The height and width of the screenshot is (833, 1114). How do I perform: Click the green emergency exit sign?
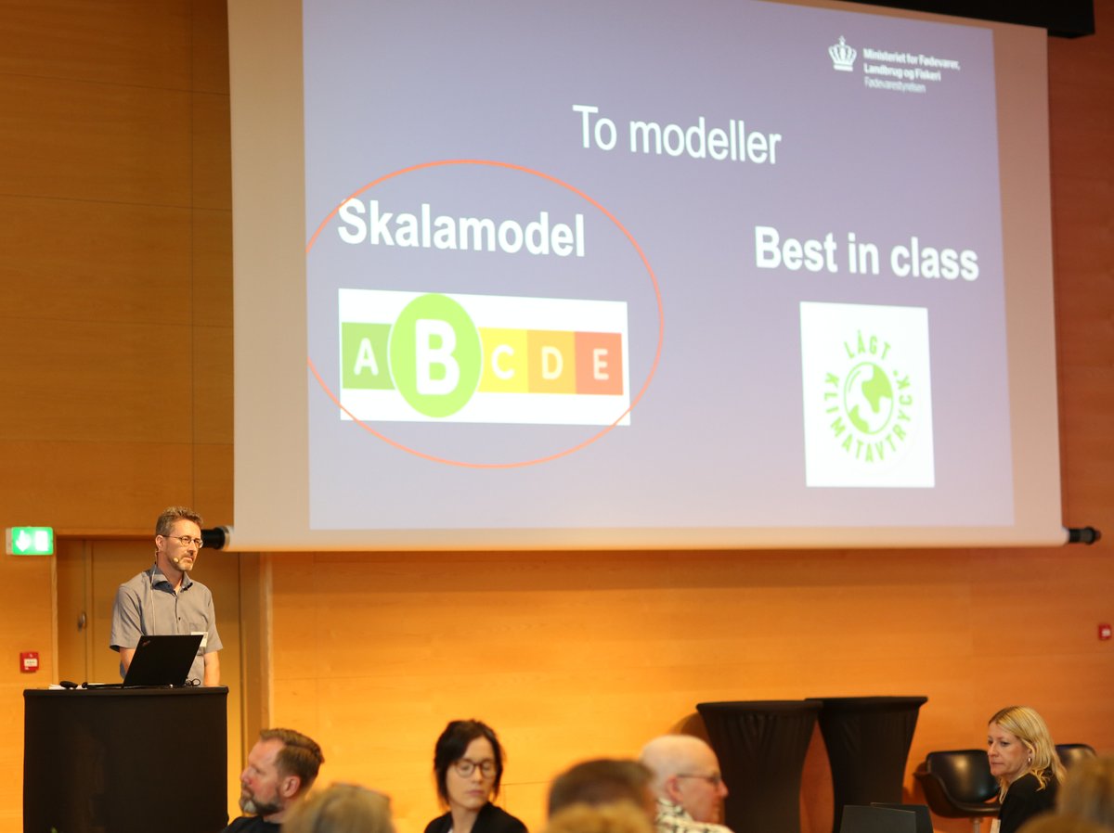(x=31, y=541)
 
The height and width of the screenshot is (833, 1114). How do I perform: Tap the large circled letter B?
(x=434, y=355)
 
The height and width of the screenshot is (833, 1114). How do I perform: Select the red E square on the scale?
(x=599, y=363)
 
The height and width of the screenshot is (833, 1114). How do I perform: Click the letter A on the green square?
(x=366, y=356)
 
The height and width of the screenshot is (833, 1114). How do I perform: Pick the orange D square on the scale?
(x=551, y=362)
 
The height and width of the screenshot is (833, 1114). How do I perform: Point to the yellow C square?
(x=503, y=361)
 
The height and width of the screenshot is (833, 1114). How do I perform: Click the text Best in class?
(x=865, y=253)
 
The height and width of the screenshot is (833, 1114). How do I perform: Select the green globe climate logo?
(x=868, y=395)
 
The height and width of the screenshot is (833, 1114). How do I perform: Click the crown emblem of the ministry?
(x=842, y=54)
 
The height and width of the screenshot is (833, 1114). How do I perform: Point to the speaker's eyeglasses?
(x=185, y=541)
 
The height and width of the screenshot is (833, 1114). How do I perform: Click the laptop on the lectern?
(x=160, y=660)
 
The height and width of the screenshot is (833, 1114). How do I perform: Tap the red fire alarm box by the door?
(x=30, y=661)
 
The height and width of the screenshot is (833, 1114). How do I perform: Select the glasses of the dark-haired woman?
(x=474, y=767)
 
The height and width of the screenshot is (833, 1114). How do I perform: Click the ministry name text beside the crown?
(x=910, y=67)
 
